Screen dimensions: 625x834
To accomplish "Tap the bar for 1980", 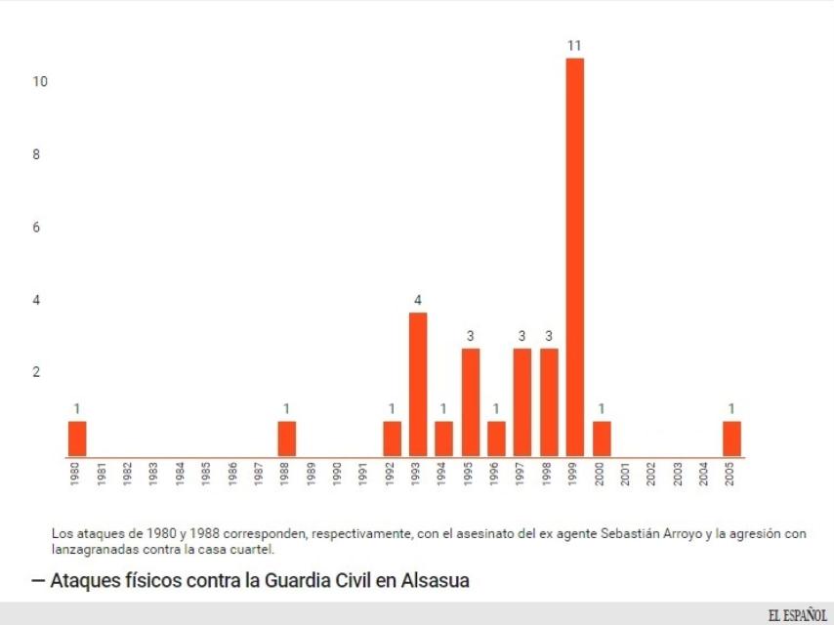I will [77, 438].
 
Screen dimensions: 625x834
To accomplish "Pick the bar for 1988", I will [287, 438].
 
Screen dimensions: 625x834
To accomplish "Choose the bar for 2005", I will [731, 438].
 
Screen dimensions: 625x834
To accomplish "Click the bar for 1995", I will [471, 402].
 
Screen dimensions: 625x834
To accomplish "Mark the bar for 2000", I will [602, 438].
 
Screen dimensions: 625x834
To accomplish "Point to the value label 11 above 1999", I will [575, 46].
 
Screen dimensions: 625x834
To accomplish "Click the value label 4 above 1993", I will [418, 300].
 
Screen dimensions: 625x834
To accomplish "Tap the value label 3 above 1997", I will [522, 336].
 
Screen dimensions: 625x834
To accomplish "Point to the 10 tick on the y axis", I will [40, 82].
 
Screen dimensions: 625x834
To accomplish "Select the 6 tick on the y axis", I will [37, 228].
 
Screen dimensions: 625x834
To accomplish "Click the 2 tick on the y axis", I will [37, 372].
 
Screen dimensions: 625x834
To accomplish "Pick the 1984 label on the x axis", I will [181, 475].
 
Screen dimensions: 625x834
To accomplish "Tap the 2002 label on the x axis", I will [651, 475].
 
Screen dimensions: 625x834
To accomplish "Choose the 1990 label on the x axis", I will [337, 475].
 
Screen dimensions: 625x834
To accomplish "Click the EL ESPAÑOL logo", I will [797, 614].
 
